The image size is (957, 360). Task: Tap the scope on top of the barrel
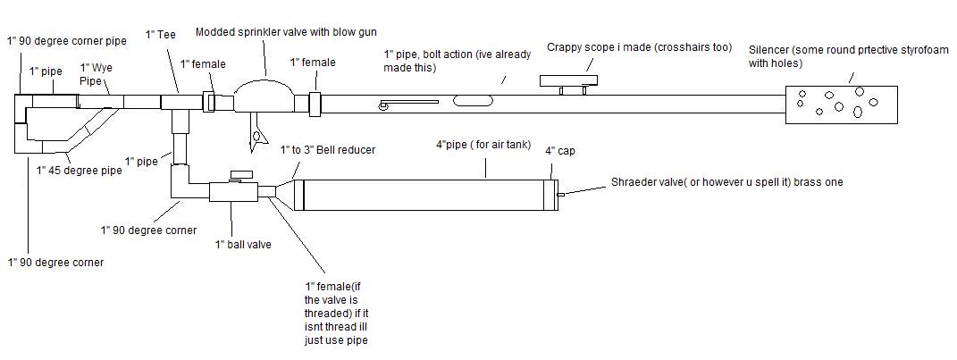(567, 81)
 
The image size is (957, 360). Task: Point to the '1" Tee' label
(161, 35)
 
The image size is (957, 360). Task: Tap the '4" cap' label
(561, 151)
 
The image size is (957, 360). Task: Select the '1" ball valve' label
(242, 244)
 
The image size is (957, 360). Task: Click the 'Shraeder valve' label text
(726, 182)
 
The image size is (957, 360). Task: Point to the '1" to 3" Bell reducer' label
(327, 149)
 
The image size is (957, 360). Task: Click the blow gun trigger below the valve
(258, 136)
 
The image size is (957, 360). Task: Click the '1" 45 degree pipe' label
(79, 169)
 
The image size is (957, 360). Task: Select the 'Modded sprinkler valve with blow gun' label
(273, 31)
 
